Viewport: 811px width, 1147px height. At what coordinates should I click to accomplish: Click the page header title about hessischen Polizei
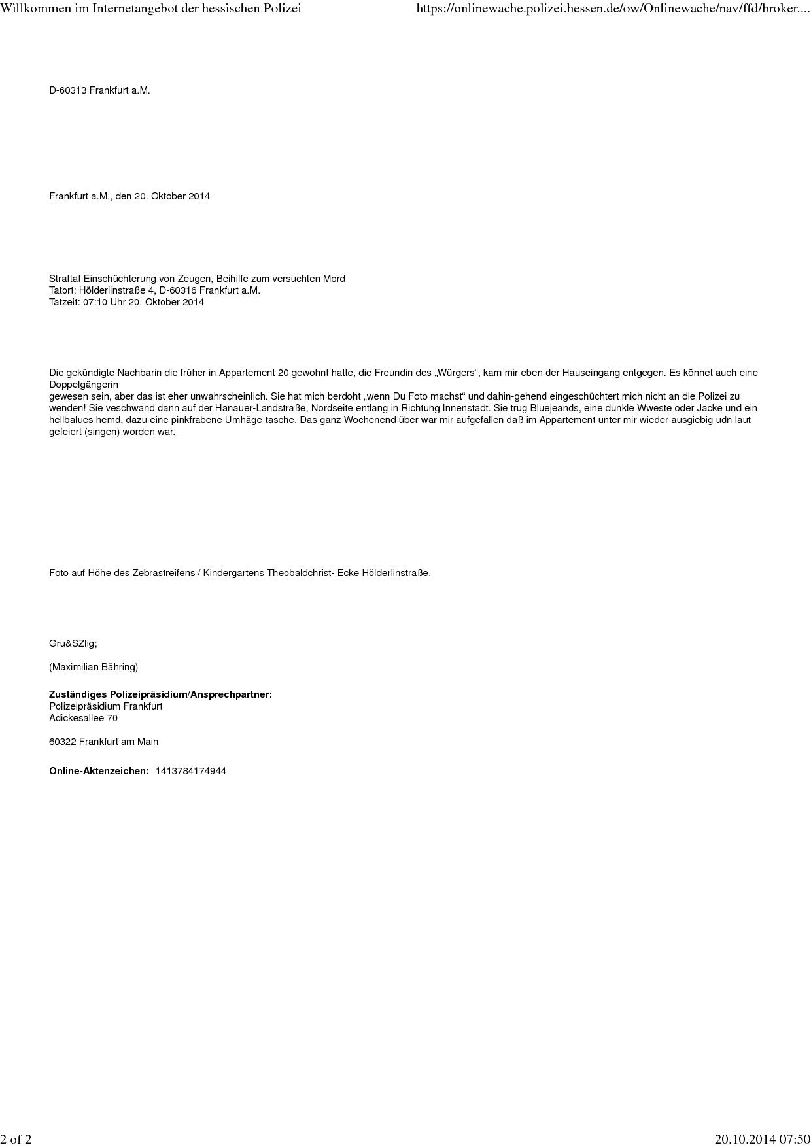pos(150,9)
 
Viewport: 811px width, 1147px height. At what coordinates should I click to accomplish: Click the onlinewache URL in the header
pos(612,9)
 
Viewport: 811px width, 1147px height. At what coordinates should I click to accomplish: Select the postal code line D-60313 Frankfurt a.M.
pos(99,90)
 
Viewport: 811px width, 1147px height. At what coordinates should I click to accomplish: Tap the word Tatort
pos(63,290)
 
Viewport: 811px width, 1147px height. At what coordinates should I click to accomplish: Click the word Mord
pos(334,279)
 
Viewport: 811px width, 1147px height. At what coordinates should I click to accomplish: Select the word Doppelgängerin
pos(84,385)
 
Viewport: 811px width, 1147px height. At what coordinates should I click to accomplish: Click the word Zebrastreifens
pos(164,573)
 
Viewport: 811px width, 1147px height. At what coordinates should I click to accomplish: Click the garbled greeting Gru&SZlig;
pos(73,643)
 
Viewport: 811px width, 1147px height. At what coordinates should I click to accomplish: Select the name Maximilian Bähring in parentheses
pos(94,667)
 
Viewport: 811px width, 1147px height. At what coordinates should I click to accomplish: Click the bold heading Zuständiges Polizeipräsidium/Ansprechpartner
pos(160,694)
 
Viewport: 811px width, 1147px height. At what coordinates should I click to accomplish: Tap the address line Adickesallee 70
pos(83,718)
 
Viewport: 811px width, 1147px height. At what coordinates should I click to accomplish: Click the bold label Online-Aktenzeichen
pos(99,771)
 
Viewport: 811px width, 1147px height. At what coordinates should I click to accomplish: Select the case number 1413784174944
pos(191,771)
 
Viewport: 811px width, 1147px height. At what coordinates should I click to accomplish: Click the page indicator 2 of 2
pos(16,1139)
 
